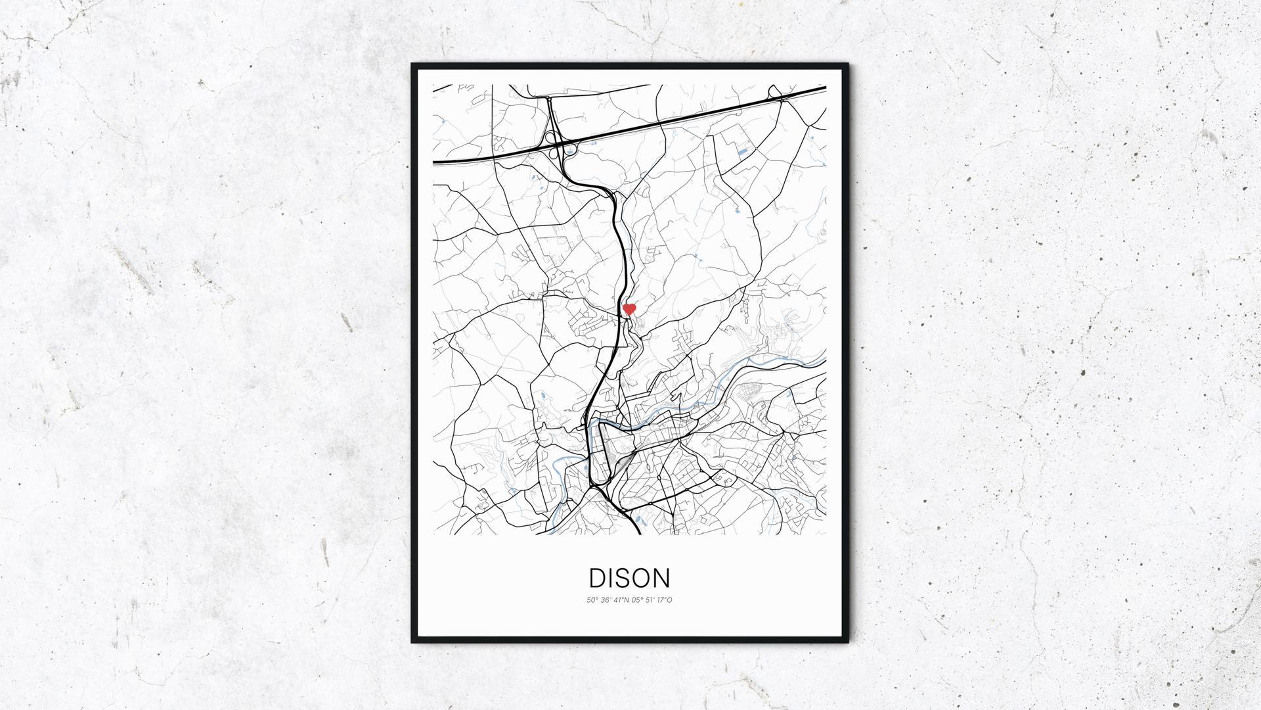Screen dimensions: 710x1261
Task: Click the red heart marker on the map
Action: point(629,308)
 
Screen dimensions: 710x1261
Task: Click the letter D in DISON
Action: point(598,578)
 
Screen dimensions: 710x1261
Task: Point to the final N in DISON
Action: point(662,578)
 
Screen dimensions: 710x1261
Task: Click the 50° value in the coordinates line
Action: point(592,600)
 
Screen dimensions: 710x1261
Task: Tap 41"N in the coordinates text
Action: point(623,600)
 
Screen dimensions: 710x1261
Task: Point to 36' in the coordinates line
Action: point(606,600)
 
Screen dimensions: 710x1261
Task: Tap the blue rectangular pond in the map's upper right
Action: point(743,152)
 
